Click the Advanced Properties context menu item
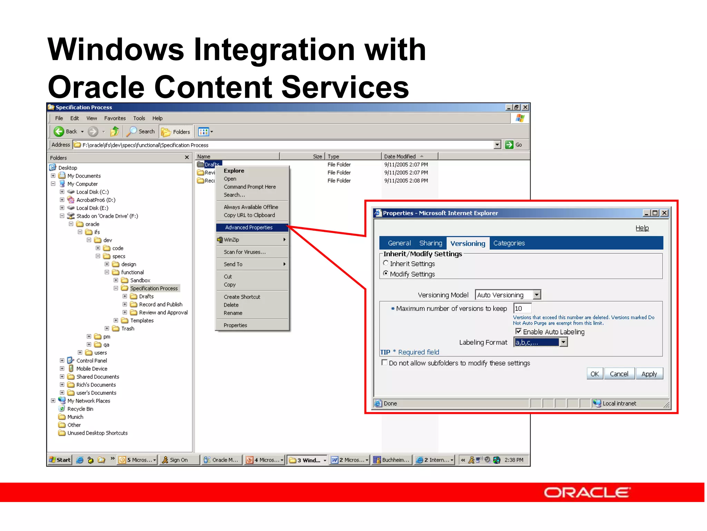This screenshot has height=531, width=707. point(249,227)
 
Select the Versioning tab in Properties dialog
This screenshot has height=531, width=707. point(467,243)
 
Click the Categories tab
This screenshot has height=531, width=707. point(509,243)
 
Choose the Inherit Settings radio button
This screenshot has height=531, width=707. point(386,263)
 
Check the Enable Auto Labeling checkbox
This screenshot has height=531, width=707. point(518,331)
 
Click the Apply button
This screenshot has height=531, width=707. point(649,374)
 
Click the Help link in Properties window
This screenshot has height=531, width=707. point(642,228)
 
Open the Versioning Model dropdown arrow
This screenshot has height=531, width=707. point(536,295)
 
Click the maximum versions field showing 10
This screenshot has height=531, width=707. point(522,308)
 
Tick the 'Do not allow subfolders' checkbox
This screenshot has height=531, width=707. point(384,363)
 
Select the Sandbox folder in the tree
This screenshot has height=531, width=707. point(140,280)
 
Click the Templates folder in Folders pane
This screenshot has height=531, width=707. point(142,320)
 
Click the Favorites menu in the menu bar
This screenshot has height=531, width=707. point(115,118)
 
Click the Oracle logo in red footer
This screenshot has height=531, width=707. point(587,492)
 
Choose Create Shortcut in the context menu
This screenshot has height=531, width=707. point(242,297)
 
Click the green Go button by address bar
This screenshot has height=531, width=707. point(514,145)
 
